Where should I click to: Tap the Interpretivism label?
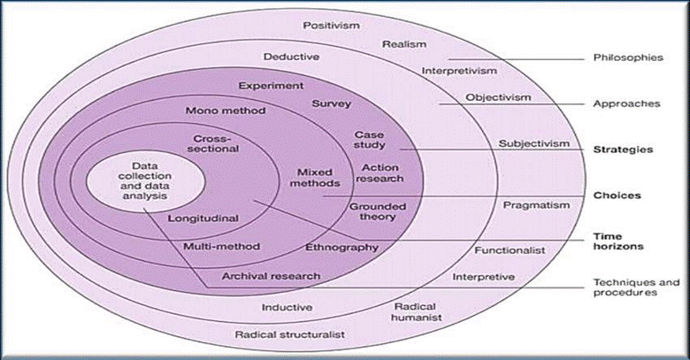(459, 70)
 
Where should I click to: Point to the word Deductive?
(291, 57)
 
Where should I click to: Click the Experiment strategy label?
(272, 86)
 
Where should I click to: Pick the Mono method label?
(220, 111)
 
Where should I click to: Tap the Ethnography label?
(341, 247)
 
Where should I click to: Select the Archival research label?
(271, 275)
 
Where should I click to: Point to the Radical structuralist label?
(288, 335)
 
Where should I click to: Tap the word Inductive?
(287, 307)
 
